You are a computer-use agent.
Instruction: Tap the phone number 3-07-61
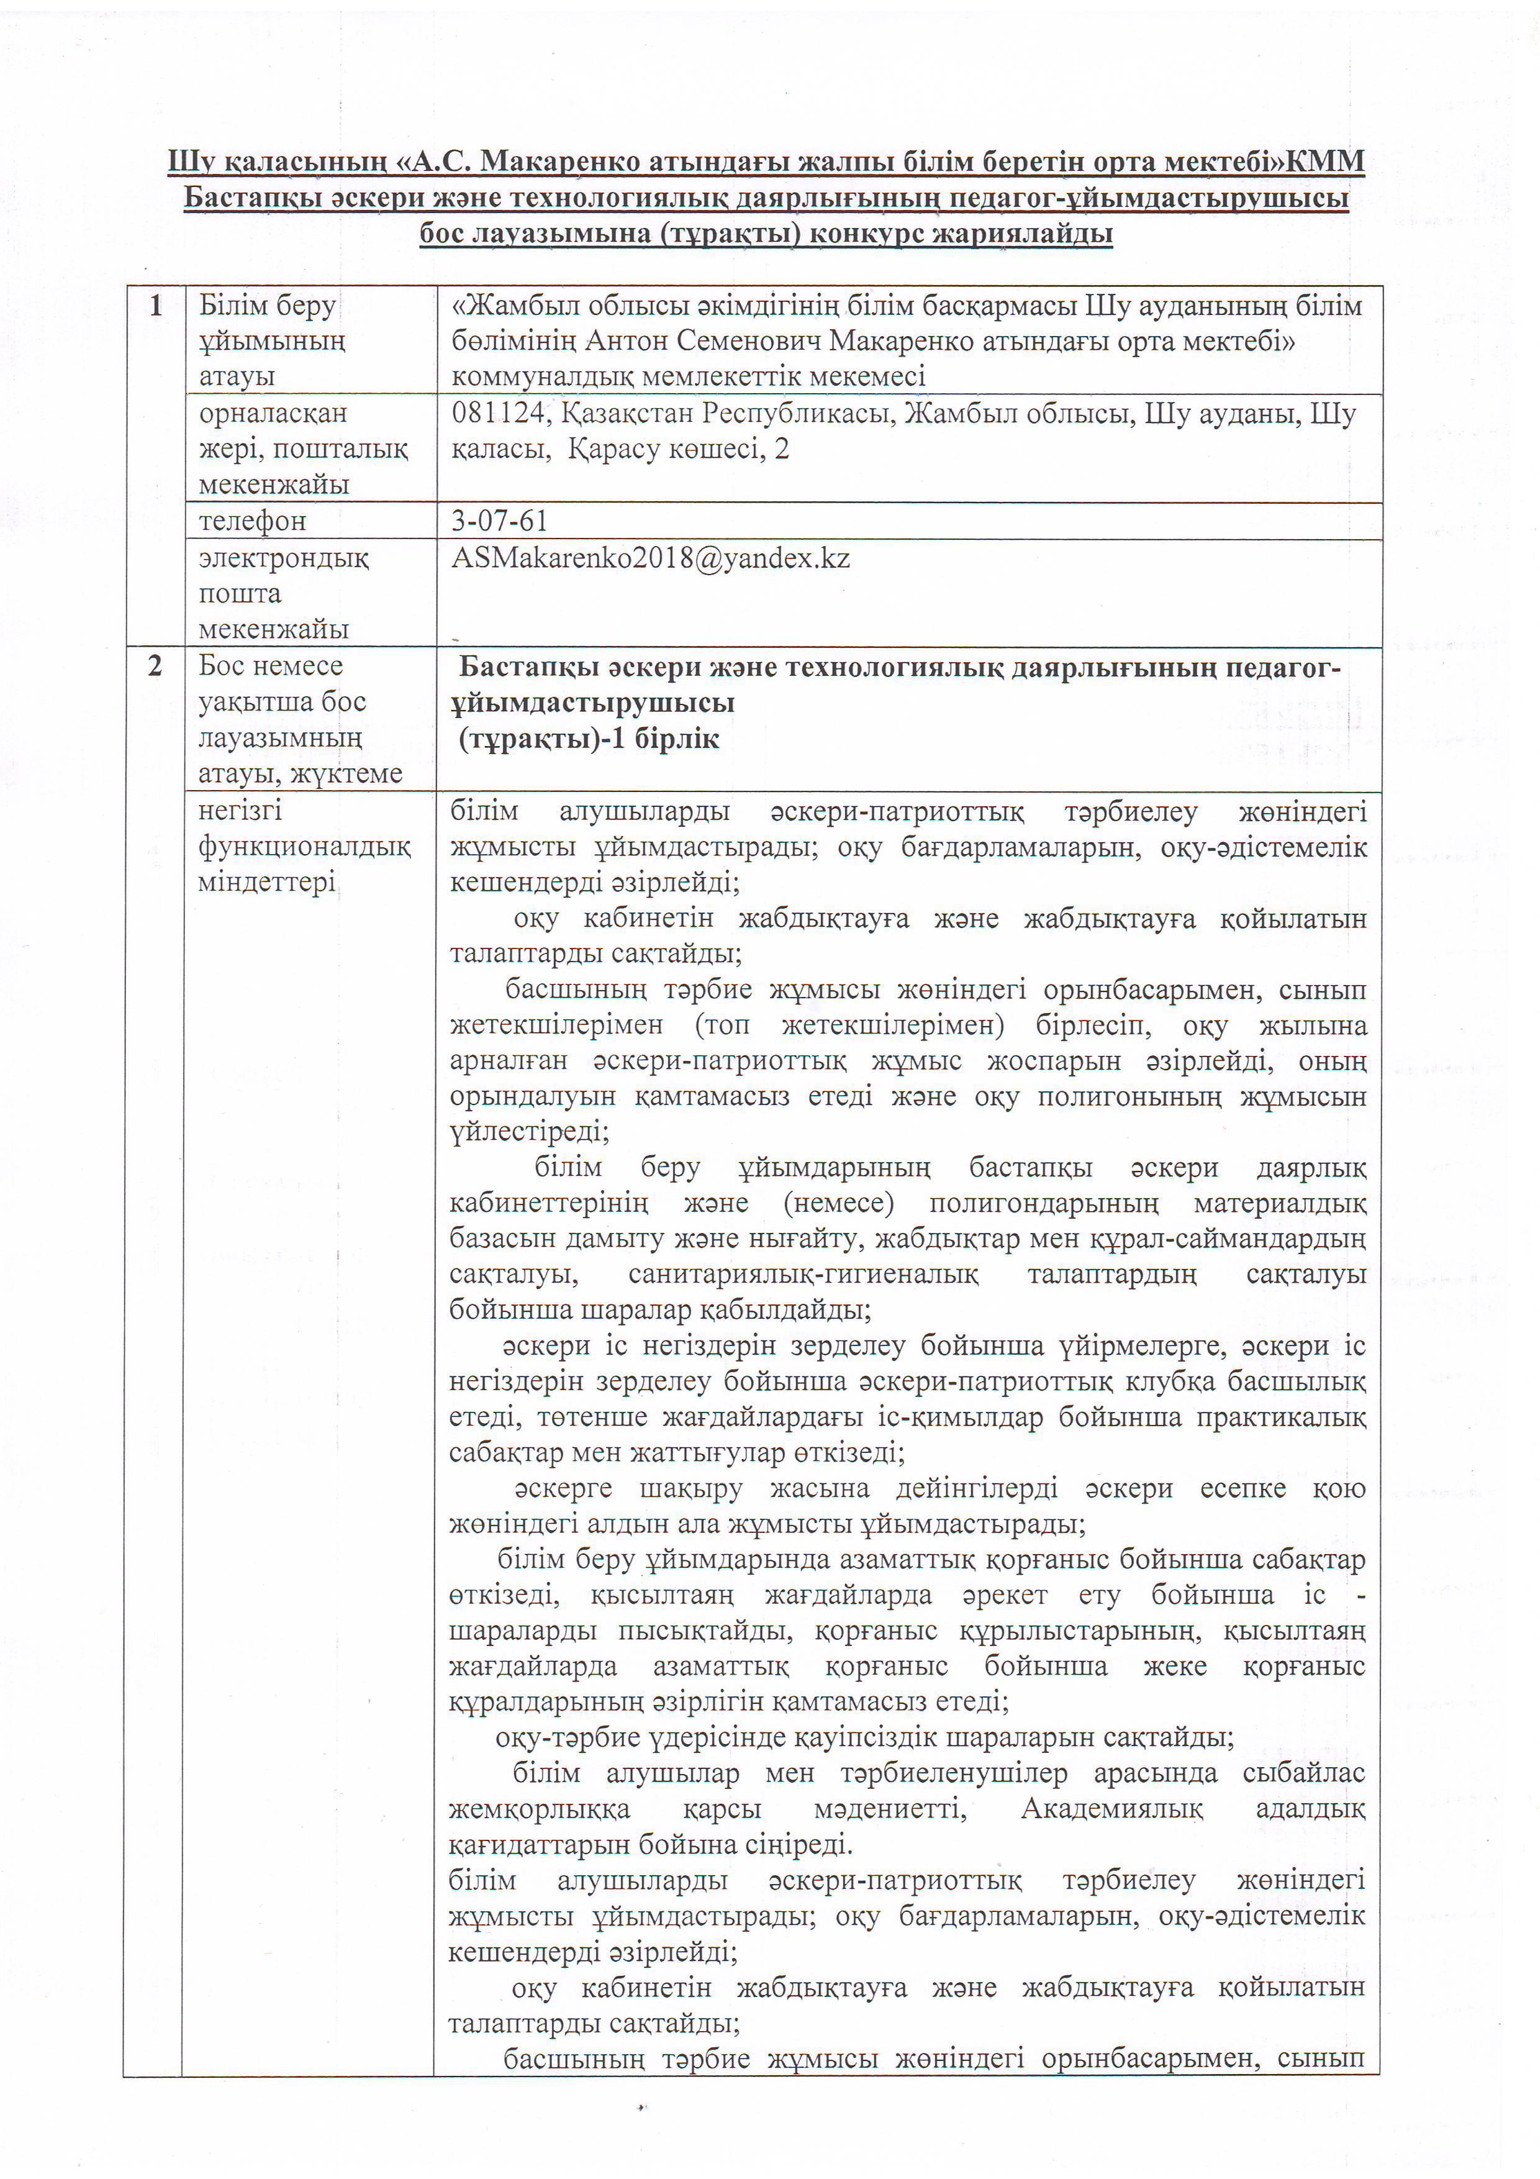click(499, 521)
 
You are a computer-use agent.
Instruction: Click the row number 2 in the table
click(155, 666)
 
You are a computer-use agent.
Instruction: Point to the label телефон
click(252, 521)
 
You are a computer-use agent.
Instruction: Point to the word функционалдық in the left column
click(304, 847)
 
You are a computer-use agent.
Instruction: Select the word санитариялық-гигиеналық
click(803, 1275)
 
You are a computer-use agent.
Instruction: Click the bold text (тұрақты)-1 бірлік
click(588, 739)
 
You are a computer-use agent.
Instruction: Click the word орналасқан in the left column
click(273, 414)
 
